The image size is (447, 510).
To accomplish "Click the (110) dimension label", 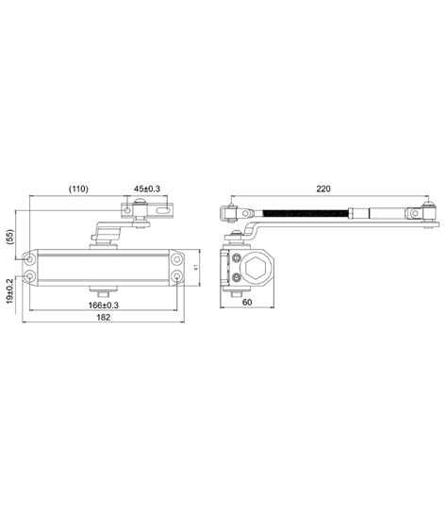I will click(x=77, y=189).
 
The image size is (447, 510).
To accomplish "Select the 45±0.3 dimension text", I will click(x=147, y=189).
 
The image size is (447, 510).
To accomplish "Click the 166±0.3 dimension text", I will click(x=104, y=304).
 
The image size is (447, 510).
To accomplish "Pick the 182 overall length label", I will click(x=104, y=318).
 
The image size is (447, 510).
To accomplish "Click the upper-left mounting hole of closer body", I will click(x=33, y=257).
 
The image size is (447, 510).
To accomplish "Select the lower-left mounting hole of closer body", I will click(x=33, y=277).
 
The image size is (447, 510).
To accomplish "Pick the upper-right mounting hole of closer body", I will click(x=176, y=257).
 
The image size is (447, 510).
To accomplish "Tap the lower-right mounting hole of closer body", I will click(x=176, y=277).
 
